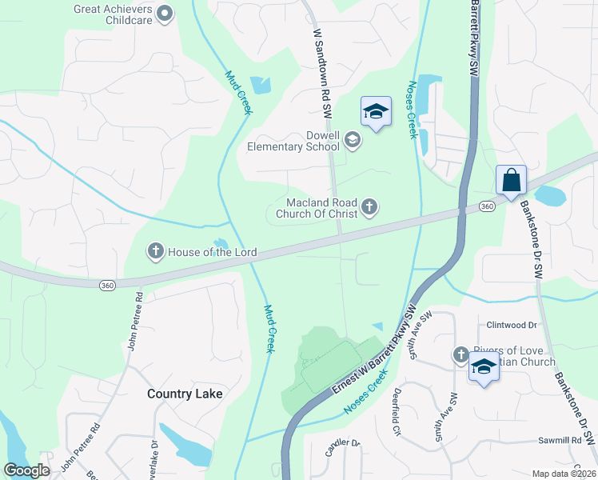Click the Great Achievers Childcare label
point(112,14)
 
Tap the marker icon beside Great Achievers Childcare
point(165,13)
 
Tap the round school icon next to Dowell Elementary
point(352,142)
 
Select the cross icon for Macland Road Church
point(369,208)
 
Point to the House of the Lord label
point(212,253)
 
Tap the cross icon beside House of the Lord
point(155,252)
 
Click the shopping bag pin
point(511,180)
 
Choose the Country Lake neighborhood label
point(185,394)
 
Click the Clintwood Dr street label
point(512,326)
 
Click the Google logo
point(26,470)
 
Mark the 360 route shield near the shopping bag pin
point(486,207)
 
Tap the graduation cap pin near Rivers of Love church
point(484,368)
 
